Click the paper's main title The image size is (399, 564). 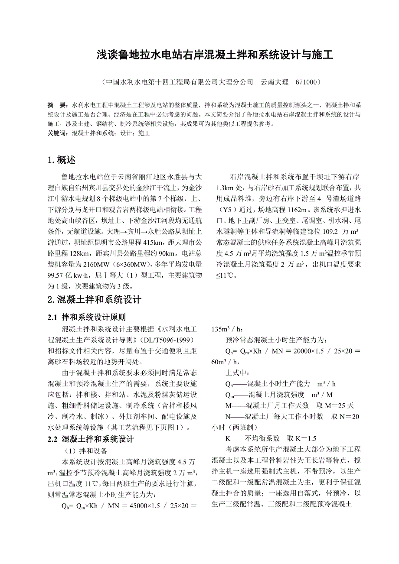[215, 55]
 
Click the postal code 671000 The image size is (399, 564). [307, 81]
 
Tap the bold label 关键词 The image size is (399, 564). [58, 133]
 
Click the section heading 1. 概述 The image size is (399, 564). [62, 160]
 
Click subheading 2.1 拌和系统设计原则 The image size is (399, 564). [87, 318]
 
